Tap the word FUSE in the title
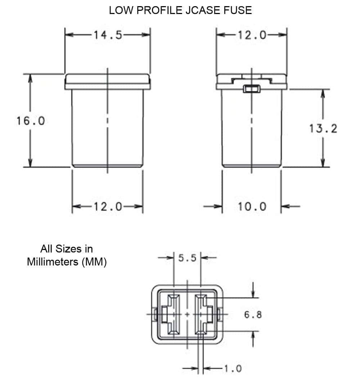tap(239, 10)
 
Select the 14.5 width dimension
tap(108, 35)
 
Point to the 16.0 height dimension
tap(31, 121)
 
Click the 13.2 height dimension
tap(323, 128)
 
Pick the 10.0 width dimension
tap(252, 207)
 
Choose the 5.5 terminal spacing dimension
tap(187, 258)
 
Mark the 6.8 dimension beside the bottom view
tap(253, 315)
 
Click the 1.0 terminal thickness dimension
tap(233, 368)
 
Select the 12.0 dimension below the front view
tap(108, 207)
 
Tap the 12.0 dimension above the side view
tap(252, 35)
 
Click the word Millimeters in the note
tap(53, 262)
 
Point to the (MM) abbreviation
tap(94, 262)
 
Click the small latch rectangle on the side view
tap(252, 89)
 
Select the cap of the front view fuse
tap(108, 82)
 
